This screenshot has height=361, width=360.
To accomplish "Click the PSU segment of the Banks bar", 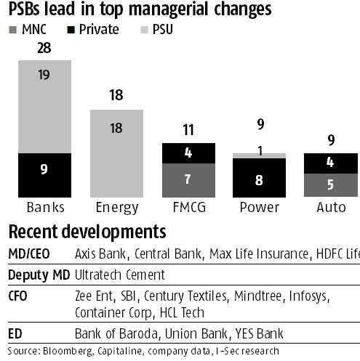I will click(x=45, y=106).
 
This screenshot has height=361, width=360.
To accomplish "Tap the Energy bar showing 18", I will click(x=116, y=153).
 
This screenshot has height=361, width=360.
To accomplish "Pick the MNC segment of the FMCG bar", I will click(x=188, y=179).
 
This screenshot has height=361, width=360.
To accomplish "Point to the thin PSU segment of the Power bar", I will click(x=259, y=155).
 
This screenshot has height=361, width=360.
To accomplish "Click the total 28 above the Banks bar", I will click(x=45, y=48).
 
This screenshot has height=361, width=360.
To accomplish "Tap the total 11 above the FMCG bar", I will click(x=188, y=131).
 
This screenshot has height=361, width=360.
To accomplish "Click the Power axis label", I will click(x=259, y=207).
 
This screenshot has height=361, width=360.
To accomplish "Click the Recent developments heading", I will click(x=86, y=232).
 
